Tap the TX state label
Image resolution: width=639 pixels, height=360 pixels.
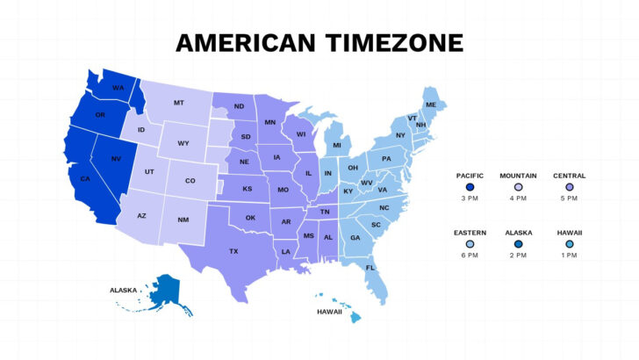tap(233, 251)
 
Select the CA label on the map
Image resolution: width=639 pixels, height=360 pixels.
tap(85, 179)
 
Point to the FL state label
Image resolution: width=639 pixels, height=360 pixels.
tap(370, 267)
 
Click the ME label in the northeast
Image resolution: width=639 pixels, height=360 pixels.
tap(431, 105)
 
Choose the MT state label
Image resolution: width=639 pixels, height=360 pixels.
tap(178, 103)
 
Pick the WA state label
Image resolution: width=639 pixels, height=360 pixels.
tap(118, 88)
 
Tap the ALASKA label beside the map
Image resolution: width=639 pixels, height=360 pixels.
tap(124, 289)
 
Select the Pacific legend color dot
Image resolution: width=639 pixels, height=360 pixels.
tap(470, 186)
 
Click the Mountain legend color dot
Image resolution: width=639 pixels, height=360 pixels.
tap(518, 186)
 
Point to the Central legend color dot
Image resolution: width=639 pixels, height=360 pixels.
tap(569, 186)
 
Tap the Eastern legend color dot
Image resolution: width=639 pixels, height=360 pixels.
tap(470, 243)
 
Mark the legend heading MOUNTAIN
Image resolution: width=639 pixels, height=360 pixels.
tap(518, 175)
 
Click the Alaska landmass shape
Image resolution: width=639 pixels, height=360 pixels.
tap(163, 291)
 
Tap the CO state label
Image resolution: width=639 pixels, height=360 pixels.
tap(190, 181)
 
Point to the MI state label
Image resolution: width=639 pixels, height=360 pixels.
tap(336, 145)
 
